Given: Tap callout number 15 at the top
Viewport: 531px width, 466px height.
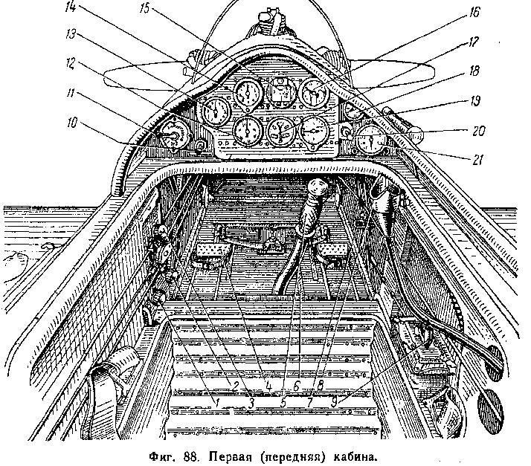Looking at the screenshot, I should tap(144, 8).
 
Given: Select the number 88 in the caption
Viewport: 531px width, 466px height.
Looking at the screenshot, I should tap(191, 456).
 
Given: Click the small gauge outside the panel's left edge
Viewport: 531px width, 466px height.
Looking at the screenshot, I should tap(174, 136).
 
